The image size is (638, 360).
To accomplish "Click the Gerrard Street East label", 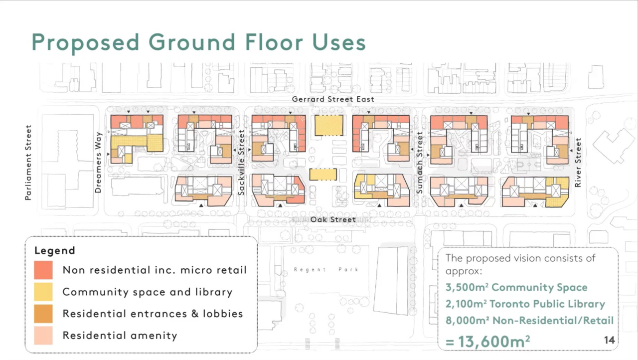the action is tap(333, 99).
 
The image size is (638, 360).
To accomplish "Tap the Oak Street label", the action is tap(333, 219).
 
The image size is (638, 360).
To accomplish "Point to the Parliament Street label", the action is tap(28, 163).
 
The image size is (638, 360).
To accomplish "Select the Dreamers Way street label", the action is tap(98, 162).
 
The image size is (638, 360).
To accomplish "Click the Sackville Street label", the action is tap(241, 163).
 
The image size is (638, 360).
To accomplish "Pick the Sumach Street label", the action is tap(420, 163).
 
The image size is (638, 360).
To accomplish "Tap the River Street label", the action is tap(578, 163).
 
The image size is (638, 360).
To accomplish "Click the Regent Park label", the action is tap(326, 269).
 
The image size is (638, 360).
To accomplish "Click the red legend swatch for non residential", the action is tap(43, 270).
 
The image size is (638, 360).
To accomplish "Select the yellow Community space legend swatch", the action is tap(43, 292).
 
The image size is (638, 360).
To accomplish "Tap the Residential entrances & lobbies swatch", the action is tap(43, 314).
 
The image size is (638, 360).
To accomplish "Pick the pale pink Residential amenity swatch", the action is tap(43, 336).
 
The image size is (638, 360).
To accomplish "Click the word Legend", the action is tap(55, 251).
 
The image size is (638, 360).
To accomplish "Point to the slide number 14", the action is tap(610, 340).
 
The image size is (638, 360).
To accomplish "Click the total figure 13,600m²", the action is tap(487, 341).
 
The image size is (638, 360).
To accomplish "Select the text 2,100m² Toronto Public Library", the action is tap(525, 304).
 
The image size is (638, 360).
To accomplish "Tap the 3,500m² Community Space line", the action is tap(516, 287).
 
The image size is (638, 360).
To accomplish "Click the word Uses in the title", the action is tap(339, 42).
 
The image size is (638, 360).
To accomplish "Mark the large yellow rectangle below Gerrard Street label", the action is tap(329, 125).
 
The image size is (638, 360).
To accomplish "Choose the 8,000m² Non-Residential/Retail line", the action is tap(529, 321).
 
